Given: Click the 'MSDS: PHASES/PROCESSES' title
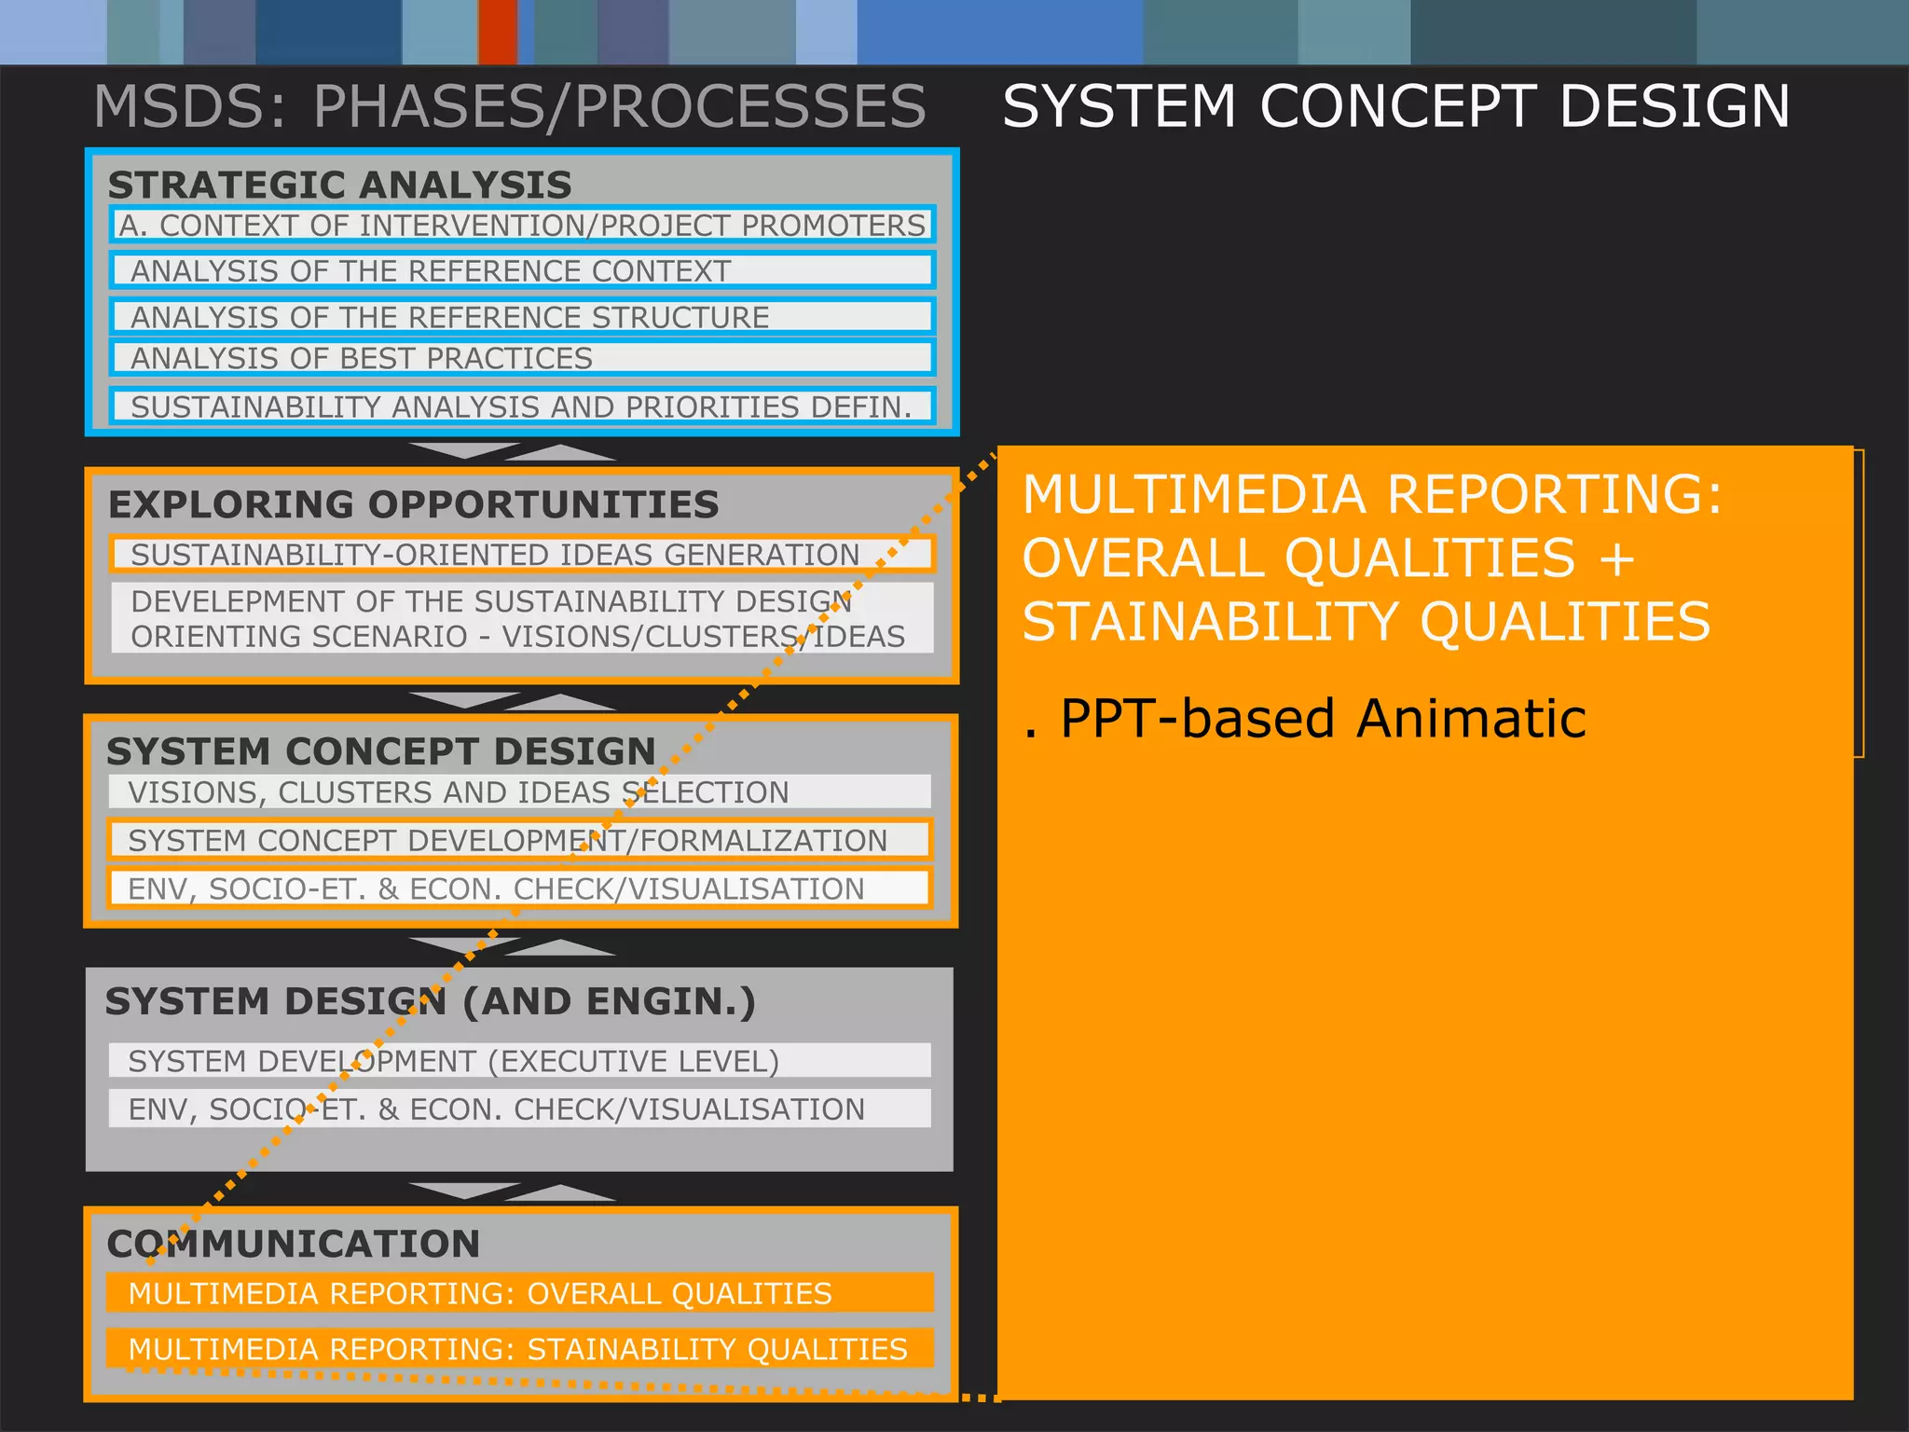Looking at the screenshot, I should coord(509,106).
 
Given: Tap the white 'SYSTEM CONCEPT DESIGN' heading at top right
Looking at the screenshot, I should coord(1395,106).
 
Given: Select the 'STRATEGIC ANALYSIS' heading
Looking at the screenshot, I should coord(339,185).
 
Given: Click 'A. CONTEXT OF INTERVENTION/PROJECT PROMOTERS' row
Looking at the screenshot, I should coord(522,226).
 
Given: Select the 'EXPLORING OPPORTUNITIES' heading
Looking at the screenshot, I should coord(413,504).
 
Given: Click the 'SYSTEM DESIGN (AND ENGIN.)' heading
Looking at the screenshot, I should coord(430,1001).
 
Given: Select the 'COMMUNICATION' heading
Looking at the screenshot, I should coord(294,1244).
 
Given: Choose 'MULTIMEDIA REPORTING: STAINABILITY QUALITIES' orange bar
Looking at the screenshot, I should coord(518,1349).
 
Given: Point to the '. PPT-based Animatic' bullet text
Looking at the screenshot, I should coord(1305,719).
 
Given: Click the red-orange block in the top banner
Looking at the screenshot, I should coord(498,32).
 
